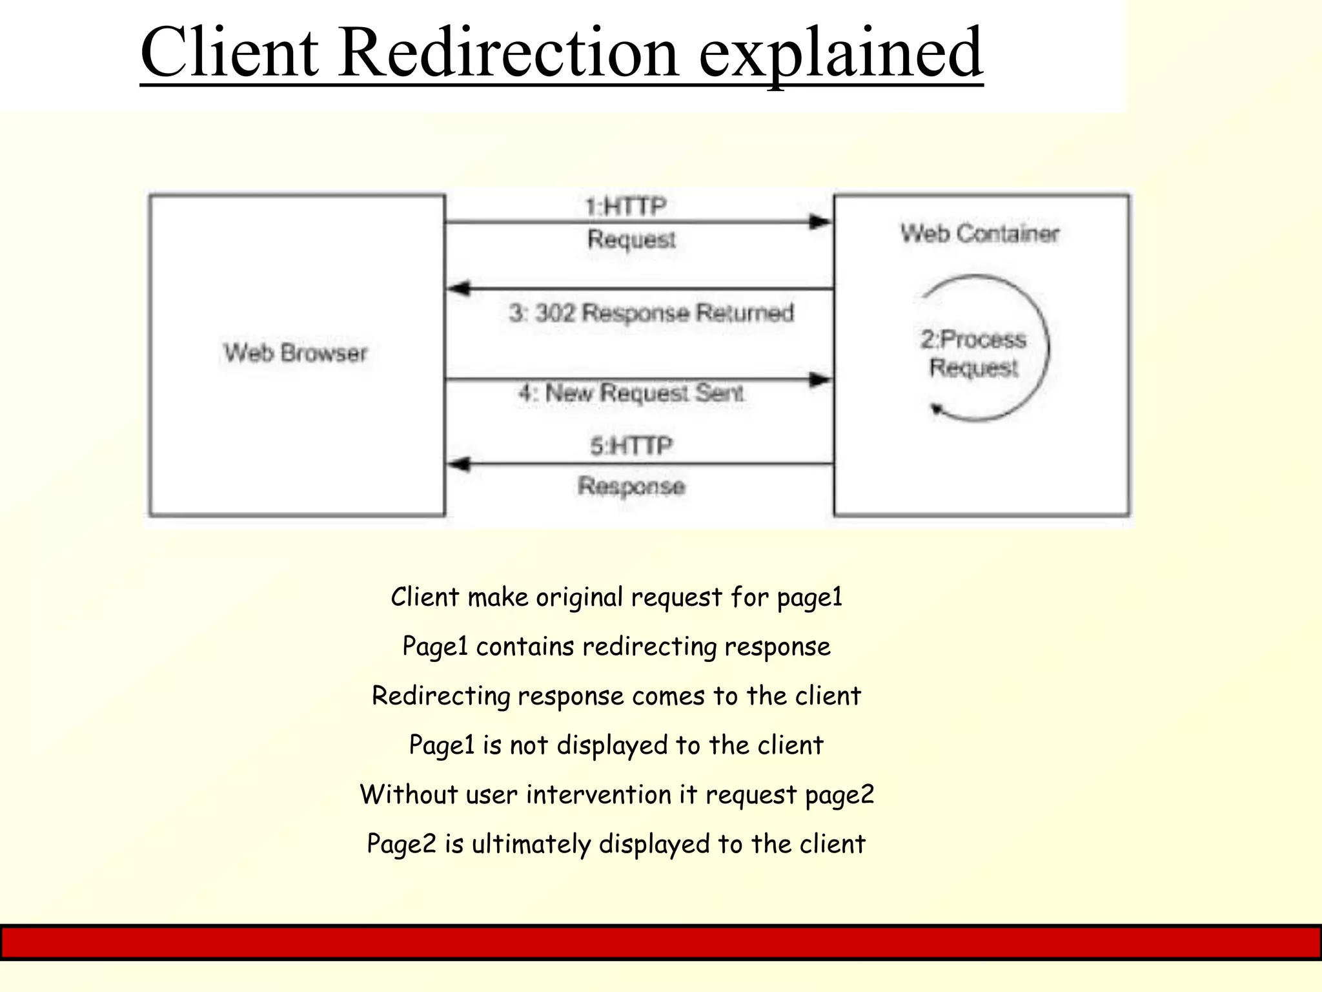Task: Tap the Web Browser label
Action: [x=296, y=353]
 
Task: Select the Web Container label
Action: [x=980, y=234]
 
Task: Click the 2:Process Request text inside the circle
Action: [x=973, y=353]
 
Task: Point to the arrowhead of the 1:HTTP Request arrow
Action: [x=820, y=222]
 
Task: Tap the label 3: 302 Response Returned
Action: [x=651, y=313]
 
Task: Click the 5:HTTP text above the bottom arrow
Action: [x=631, y=446]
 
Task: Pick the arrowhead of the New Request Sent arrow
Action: [x=820, y=380]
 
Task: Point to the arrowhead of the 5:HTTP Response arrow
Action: [x=459, y=464]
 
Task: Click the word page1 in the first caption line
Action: [x=809, y=597]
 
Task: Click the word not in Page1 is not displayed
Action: [x=529, y=745]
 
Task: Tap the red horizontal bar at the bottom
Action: [x=661, y=942]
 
